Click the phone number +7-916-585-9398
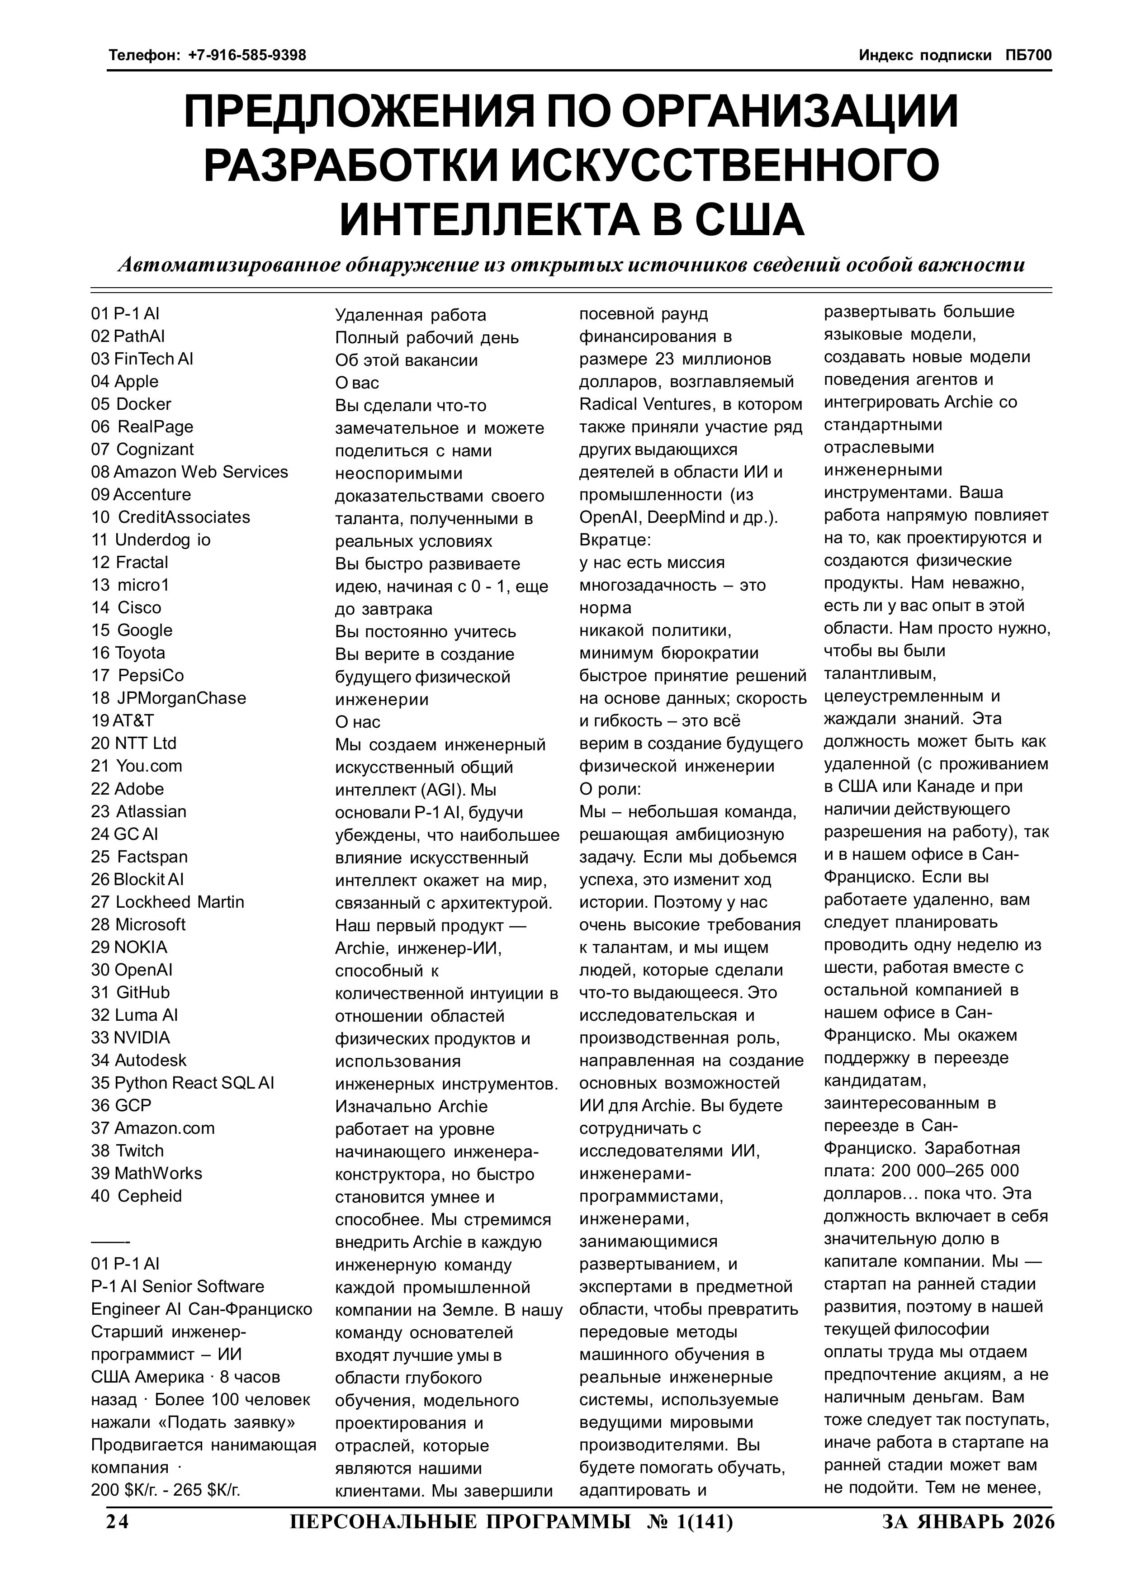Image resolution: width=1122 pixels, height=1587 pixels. coord(247,55)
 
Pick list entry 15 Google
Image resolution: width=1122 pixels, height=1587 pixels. coord(131,630)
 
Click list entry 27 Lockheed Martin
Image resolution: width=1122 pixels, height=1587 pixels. coord(167,902)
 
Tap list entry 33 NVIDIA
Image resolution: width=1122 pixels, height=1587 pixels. coord(130,1037)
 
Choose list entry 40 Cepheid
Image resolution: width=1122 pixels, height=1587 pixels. coord(136,1196)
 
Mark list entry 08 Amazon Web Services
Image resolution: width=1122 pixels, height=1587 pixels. coord(189,472)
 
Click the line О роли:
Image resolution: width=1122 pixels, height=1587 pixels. coord(610,789)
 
